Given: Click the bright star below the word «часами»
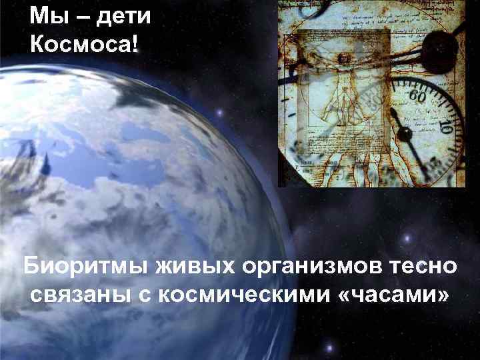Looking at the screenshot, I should [x=328, y=347].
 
